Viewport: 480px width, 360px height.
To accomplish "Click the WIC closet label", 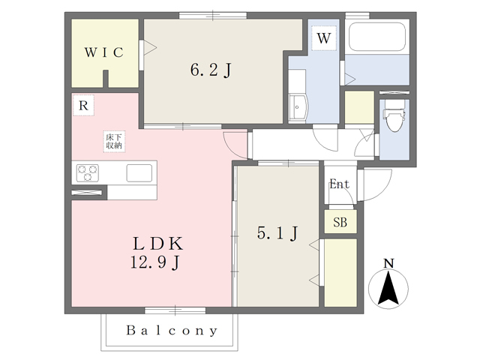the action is point(104,52).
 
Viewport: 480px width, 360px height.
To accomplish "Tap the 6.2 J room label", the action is point(211,70).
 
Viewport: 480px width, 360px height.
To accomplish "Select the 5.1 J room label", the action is point(277,233).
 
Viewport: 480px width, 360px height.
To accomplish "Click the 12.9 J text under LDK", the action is point(154,262).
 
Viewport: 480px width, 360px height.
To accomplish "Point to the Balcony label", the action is point(172,331).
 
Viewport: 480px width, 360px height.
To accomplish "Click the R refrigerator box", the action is point(83,105).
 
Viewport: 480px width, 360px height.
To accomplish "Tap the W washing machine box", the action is point(324,38).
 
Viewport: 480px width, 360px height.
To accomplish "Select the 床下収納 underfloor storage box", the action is point(114,142).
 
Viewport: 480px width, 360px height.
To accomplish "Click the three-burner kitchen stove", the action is point(88,173).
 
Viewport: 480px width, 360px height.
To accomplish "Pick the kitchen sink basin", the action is point(139,173).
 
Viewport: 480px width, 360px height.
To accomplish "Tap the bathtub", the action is point(377,37).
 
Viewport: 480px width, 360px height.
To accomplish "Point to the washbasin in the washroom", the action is point(298,106).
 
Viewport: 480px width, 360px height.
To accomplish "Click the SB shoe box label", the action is point(340,222).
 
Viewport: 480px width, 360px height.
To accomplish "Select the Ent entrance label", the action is point(340,184).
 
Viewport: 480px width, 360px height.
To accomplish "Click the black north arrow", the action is point(388,288).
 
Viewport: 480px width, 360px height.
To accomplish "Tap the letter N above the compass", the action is point(388,263).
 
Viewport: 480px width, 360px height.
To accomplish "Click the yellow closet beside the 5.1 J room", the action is point(340,273).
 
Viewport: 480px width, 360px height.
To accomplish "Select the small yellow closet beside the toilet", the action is point(360,107).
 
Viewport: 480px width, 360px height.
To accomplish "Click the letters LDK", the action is point(158,244).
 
